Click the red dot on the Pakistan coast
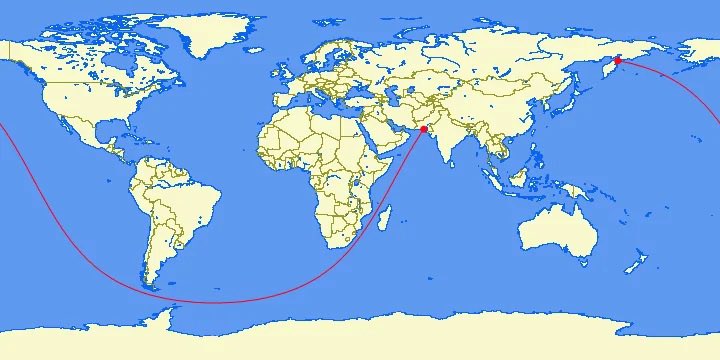coord(424,130)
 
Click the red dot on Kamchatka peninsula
coord(618,61)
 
